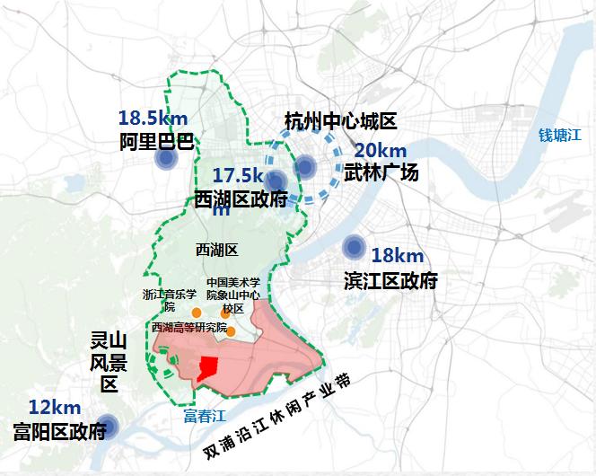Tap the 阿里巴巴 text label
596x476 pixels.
tap(156, 141)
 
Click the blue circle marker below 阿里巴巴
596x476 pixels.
tap(165, 160)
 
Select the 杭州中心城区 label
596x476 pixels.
tap(339, 121)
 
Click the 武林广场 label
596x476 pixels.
tap(381, 172)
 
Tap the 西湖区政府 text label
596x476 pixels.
tap(241, 198)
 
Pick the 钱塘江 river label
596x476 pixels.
tap(561, 136)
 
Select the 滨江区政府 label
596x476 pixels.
tap(390, 281)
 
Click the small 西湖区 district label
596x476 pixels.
tap(215, 249)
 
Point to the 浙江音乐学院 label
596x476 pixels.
tap(169, 299)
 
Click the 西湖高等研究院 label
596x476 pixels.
tap(189, 327)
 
